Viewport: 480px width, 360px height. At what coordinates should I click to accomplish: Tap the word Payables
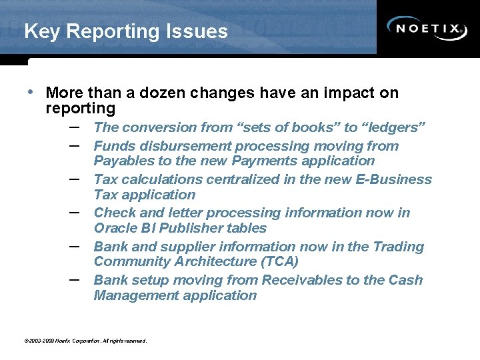tap(123, 161)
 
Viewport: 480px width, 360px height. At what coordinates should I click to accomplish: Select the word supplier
tap(189, 247)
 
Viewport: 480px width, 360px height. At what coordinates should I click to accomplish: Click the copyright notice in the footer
tap(85, 341)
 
